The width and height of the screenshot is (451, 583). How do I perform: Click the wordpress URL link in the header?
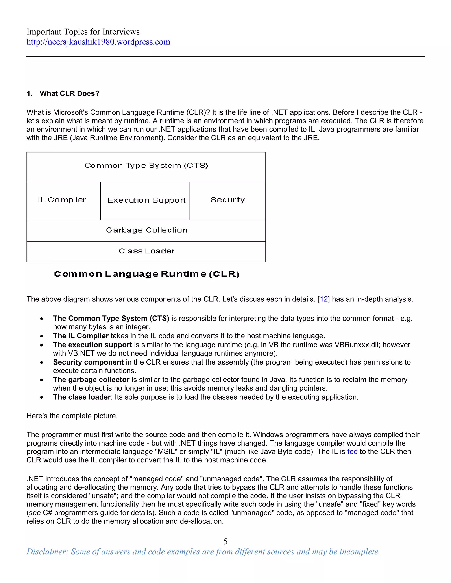pyautogui.click(x=98, y=42)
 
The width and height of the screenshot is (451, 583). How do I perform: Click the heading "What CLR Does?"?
pyautogui.click(x=69, y=93)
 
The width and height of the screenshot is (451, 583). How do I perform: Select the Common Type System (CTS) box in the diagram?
pyautogui.click(x=146, y=166)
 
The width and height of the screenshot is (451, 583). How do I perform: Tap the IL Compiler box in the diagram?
pyautogui.click(x=62, y=200)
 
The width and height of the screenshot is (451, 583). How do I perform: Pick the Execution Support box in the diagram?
pyautogui.click(x=146, y=200)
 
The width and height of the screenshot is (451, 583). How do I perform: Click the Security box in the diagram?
pyautogui.click(x=227, y=200)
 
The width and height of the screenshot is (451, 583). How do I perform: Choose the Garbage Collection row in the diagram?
pyautogui.click(x=146, y=230)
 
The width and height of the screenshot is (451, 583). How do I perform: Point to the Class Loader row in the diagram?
pyautogui.click(x=146, y=251)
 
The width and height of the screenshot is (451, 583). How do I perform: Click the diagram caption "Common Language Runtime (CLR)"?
pyautogui.click(x=146, y=274)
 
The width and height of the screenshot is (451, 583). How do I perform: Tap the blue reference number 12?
pyautogui.click(x=323, y=299)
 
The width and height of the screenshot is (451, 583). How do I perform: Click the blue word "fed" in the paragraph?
pyautogui.click(x=352, y=451)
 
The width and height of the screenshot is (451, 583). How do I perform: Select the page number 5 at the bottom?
pyautogui.click(x=225, y=541)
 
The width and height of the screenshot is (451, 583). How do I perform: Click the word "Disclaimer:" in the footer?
pyautogui.click(x=47, y=552)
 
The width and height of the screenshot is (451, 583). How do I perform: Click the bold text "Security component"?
pyautogui.click(x=88, y=362)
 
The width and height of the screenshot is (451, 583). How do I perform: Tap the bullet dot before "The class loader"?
pyautogui.click(x=41, y=398)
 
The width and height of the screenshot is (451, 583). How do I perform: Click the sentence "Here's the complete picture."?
pyautogui.click(x=72, y=416)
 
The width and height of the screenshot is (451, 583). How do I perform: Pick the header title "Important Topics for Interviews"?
pyautogui.click(x=83, y=32)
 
